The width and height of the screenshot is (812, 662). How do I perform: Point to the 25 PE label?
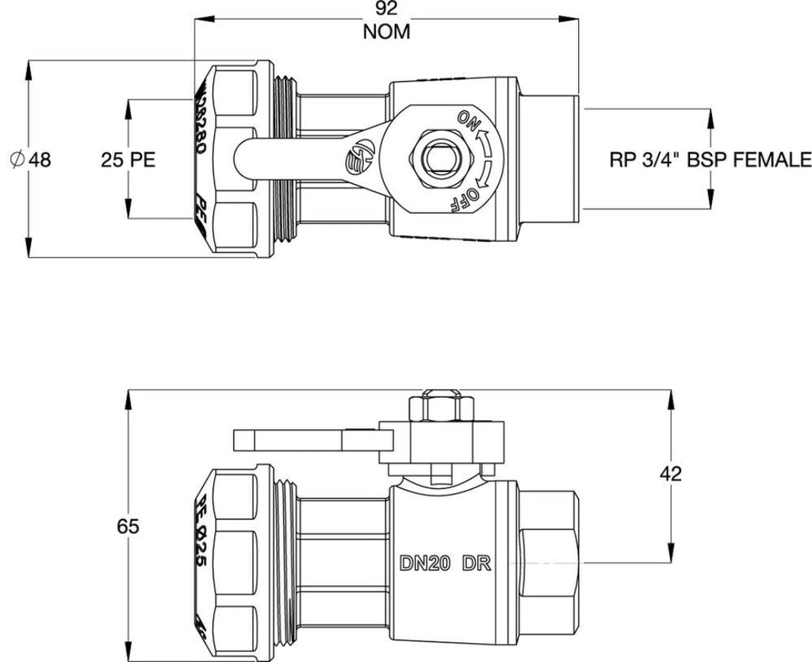[x=128, y=159]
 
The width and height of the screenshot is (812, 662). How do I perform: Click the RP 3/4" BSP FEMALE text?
[x=710, y=159]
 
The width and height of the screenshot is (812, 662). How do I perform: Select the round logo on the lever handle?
[x=358, y=159]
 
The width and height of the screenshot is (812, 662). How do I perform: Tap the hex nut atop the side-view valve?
[x=433, y=408]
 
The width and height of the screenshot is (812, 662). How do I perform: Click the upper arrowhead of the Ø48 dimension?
[x=29, y=67]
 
